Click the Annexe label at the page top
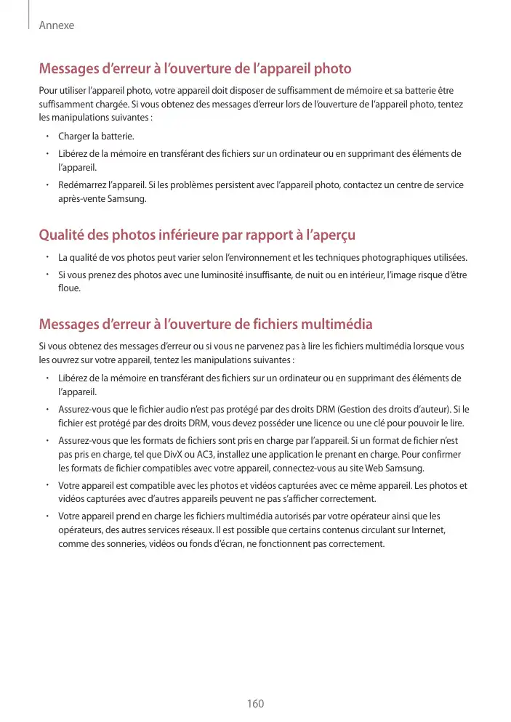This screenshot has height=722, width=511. (x=56, y=25)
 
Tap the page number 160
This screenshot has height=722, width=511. (x=255, y=703)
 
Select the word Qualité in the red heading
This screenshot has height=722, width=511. (x=63, y=236)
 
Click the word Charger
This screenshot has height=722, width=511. (x=73, y=137)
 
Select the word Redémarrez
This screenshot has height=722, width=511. (x=83, y=185)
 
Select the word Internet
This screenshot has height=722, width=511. (x=427, y=531)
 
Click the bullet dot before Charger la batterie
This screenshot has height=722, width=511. (x=46, y=137)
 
